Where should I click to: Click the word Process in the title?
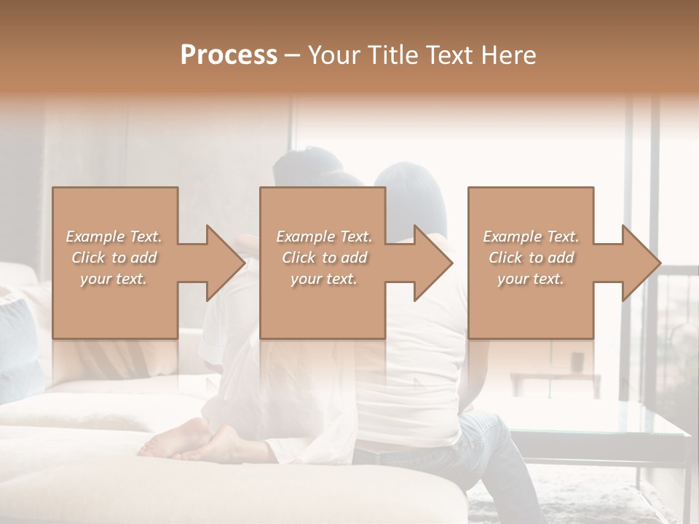[x=229, y=55]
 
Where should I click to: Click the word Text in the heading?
[x=449, y=55]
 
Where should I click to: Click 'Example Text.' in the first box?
[x=114, y=237]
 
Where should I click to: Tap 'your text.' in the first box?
[x=114, y=279]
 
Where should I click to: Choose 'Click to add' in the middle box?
[x=324, y=258]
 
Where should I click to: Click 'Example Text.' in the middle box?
[x=324, y=237]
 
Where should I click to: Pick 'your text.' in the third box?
[x=531, y=279]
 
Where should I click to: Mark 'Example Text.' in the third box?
[x=531, y=237]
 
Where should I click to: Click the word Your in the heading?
[x=334, y=55]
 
